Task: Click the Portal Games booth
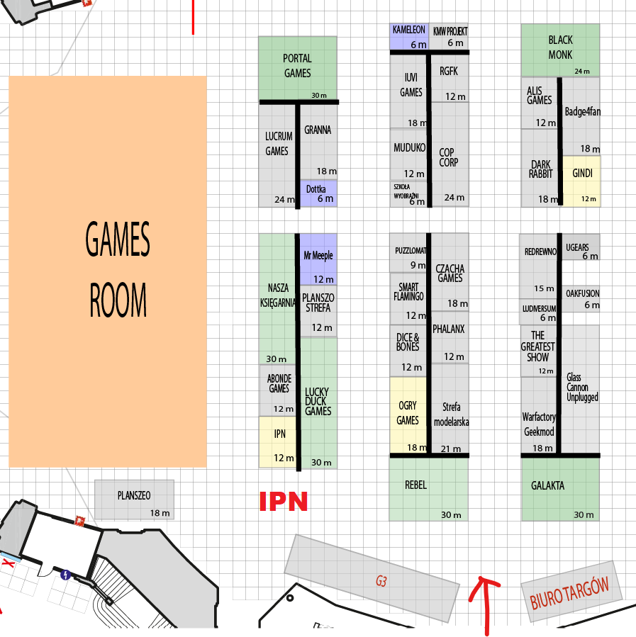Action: pyautogui.click(x=298, y=68)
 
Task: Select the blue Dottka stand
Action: pyautogui.click(x=318, y=193)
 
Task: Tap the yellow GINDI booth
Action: pyautogui.click(x=581, y=181)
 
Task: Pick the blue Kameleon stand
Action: pyautogui.click(x=409, y=37)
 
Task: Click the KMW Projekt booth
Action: pyautogui.click(x=449, y=37)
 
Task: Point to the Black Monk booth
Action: pyautogui.click(x=560, y=50)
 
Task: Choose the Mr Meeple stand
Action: pyautogui.click(x=318, y=259)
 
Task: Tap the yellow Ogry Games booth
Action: pyautogui.click(x=408, y=415)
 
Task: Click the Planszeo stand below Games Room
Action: pyautogui.click(x=134, y=500)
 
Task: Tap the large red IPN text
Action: pyautogui.click(x=283, y=502)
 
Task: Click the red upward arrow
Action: pyautogui.click(x=484, y=605)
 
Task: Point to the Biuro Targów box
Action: pyautogui.click(x=571, y=592)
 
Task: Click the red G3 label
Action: pyautogui.click(x=381, y=581)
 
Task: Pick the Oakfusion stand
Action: pyautogui.click(x=581, y=299)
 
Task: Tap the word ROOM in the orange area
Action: pyautogui.click(x=118, y=300)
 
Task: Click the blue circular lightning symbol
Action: pyautogui.click(x=65, y=575)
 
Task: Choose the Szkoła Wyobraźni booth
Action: pyautogui.click(x=408, y=193)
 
